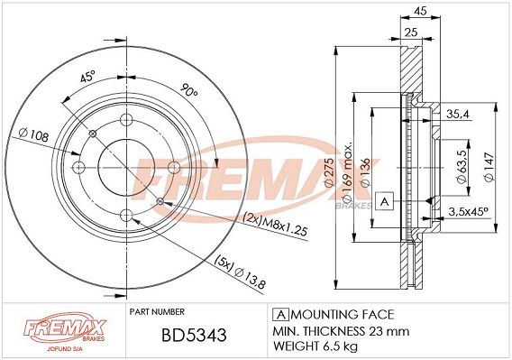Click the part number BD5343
[194, 335]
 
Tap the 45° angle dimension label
[87, 77]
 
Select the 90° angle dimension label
[189, 89]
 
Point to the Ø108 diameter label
[34, 134]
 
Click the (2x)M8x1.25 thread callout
[275, 225]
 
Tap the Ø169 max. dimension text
[347, 171]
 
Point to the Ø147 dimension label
[489, 166]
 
